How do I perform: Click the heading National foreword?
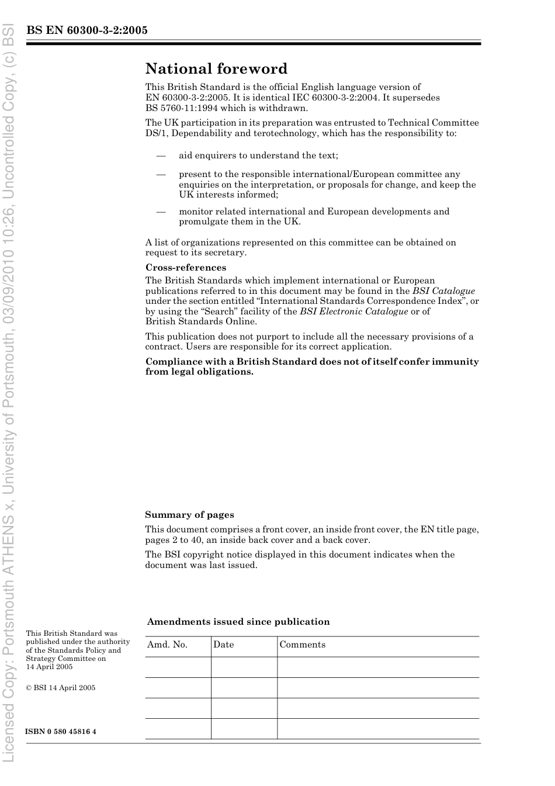[x=216, y=69]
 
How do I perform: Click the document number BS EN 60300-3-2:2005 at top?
[x=86, y=30]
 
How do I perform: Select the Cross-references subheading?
[x=185, y=268]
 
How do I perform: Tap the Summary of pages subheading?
[x=189, y=515]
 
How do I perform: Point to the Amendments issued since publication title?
[x=238, y=622]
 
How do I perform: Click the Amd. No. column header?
[x=167, y=645]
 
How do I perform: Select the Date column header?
[x=223, y=645]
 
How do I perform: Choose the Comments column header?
[x=302, y=645]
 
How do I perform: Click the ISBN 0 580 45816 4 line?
[x=61, y=732]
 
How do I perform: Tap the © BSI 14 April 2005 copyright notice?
[x=60, y=688]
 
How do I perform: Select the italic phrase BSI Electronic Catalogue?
[x=353, y=311]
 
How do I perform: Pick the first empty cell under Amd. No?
[x=178, y=667]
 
